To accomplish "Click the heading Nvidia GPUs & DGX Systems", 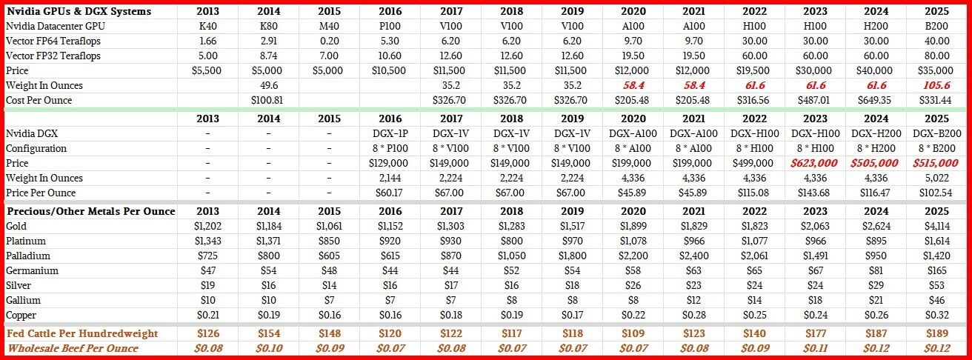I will point(79,11).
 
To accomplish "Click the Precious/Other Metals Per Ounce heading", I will point(90,211).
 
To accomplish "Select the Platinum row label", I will point(25,241).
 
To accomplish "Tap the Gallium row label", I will point(23,300).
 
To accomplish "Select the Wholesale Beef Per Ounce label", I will point(73,347).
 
